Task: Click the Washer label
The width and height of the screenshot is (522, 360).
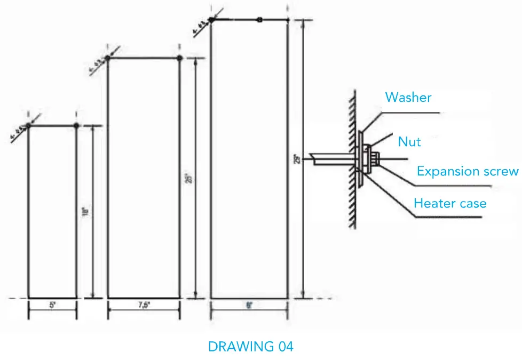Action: [408, 98]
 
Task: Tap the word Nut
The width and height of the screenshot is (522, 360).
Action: [409, 141]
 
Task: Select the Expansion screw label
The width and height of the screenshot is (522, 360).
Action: [468, 171]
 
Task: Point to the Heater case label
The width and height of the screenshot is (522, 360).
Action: [450, 203]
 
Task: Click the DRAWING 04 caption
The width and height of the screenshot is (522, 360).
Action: [250, 347]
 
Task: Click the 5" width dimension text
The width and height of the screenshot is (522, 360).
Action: [52, 307]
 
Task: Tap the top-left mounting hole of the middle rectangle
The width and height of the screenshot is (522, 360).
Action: [108, 58]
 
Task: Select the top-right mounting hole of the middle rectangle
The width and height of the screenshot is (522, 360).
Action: [179, 58]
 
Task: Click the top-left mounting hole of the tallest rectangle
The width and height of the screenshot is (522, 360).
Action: [211, 20]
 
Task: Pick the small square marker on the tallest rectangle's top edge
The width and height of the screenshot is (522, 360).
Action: [259, 20]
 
